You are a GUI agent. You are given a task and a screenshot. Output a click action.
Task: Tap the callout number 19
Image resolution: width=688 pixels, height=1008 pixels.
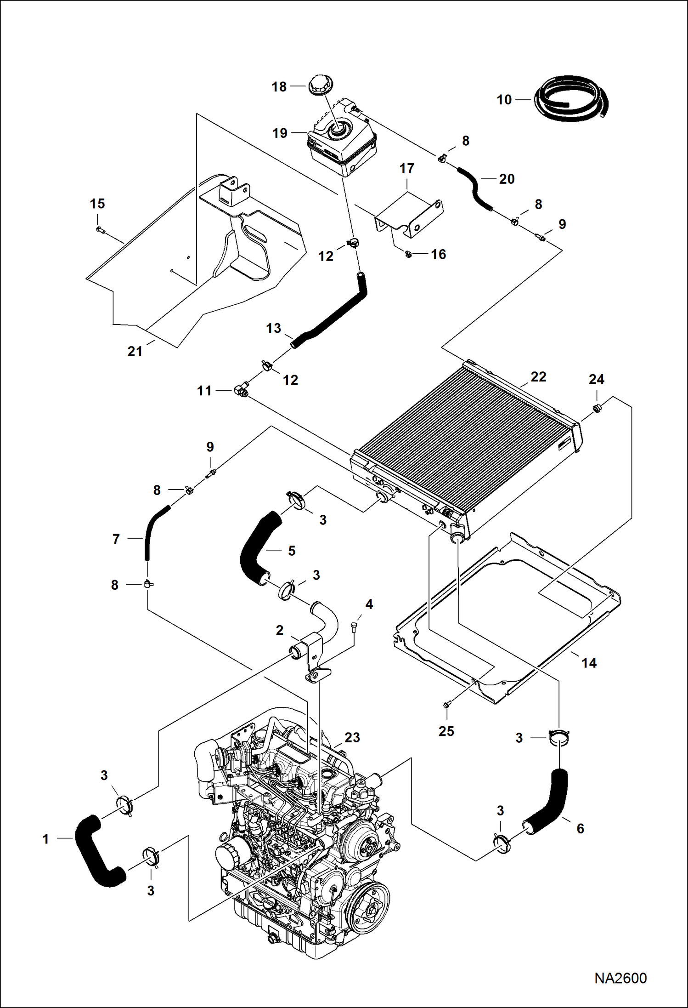pos(280,133)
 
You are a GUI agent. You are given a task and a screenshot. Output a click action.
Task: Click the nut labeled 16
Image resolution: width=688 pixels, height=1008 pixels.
pos(408,254)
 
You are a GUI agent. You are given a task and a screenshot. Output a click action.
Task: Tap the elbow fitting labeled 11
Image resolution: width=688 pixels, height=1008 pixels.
pos(241,391)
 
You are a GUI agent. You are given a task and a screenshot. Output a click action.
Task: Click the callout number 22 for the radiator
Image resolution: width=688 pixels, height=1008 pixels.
pos(538,377)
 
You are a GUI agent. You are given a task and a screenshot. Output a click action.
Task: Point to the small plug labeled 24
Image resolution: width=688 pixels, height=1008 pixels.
pos(598,407)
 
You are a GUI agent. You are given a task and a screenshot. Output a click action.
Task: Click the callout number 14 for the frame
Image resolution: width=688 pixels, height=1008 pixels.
pos(589,663)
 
